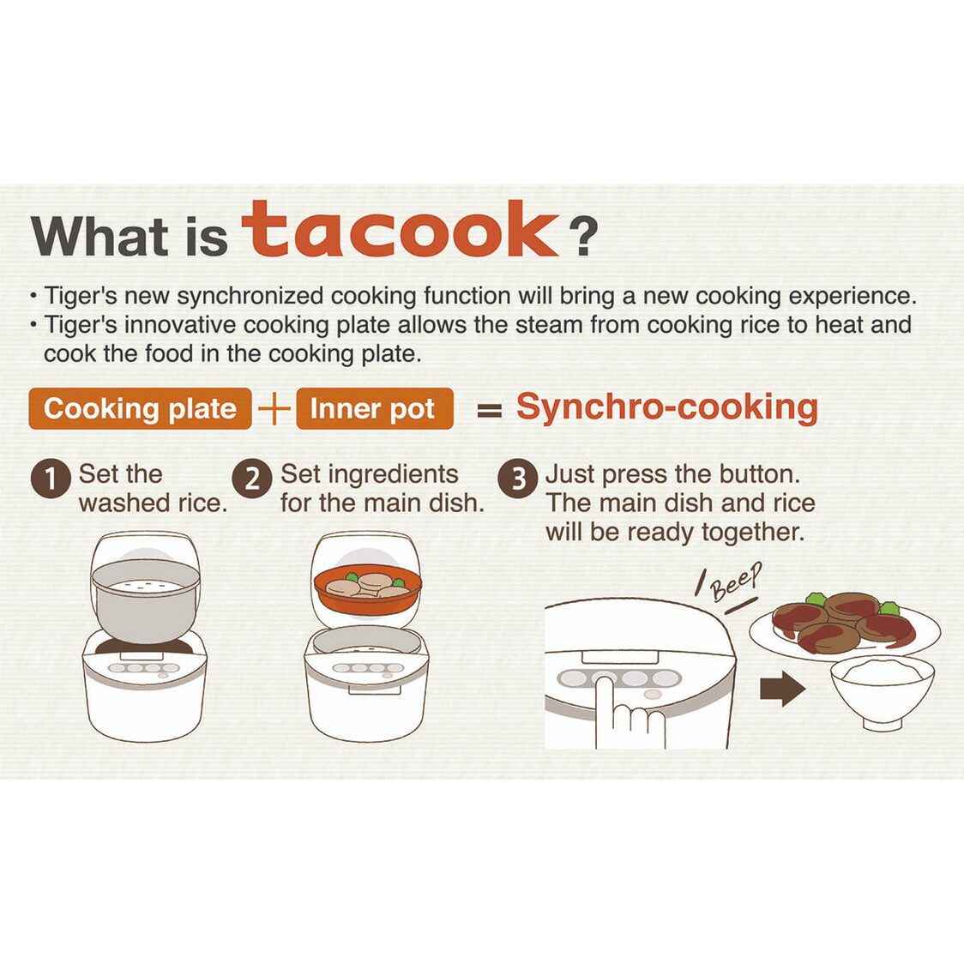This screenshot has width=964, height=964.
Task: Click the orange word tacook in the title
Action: [400, 231]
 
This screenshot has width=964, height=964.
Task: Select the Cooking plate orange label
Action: [140, 409]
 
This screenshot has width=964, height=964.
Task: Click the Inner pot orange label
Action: [373, 409]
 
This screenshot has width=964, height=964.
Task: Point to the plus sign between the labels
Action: [274, 409]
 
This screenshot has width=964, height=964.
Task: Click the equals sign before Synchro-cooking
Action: [489, 411]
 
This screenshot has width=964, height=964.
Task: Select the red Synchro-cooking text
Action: [666, 407]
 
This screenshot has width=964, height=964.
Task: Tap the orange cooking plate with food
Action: [368, 590]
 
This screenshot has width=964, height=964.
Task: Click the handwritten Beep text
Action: [734, 583]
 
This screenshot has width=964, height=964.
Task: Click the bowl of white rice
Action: [881, 691]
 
